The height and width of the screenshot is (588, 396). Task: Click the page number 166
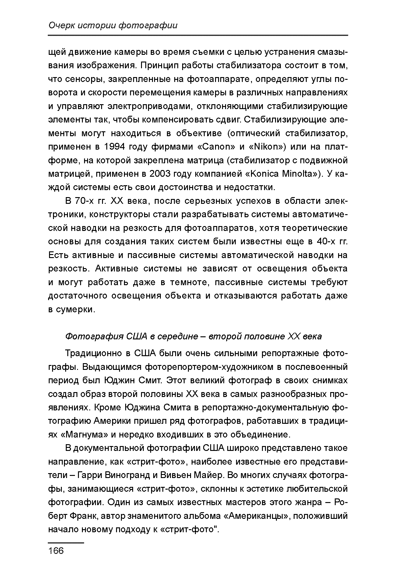coord(56,551)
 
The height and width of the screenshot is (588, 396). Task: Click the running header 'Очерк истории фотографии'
coord(113,26)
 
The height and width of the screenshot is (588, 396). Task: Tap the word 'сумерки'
coord(75,310)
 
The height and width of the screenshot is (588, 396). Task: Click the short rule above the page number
coord(66,543)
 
